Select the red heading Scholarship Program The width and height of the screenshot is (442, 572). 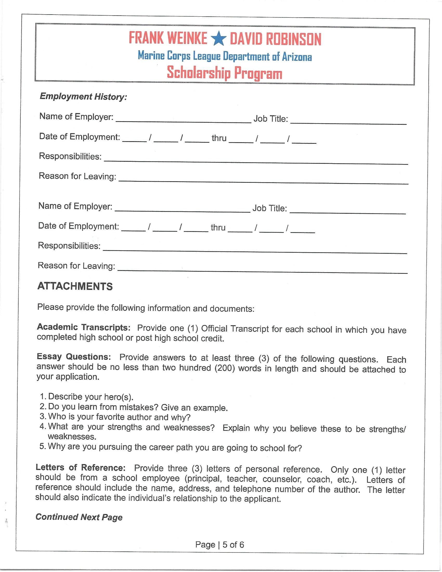click(x=224, y=73)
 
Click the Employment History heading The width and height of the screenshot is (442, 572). click(x=83, y=97)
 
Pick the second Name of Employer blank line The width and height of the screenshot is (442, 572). click(x=183, y=211)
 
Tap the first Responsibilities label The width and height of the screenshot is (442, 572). click(x=70, y=156)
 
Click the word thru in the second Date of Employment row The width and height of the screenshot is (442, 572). click(x=218, y=227)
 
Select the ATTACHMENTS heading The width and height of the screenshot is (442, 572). click(x=75, y=286)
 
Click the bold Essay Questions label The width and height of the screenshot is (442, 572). click(x=74, y=357)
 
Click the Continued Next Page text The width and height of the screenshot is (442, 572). click(x=79, y=517)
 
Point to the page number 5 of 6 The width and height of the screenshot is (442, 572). click(x=233, y=545)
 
